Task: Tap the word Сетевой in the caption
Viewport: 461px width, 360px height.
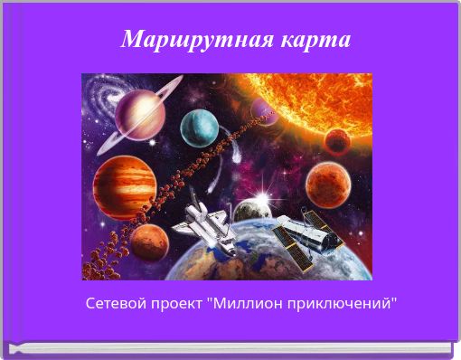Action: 113,301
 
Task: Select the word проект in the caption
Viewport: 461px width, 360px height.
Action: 175,301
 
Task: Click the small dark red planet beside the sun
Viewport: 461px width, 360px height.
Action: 337,140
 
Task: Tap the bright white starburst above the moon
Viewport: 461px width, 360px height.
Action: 265,194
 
